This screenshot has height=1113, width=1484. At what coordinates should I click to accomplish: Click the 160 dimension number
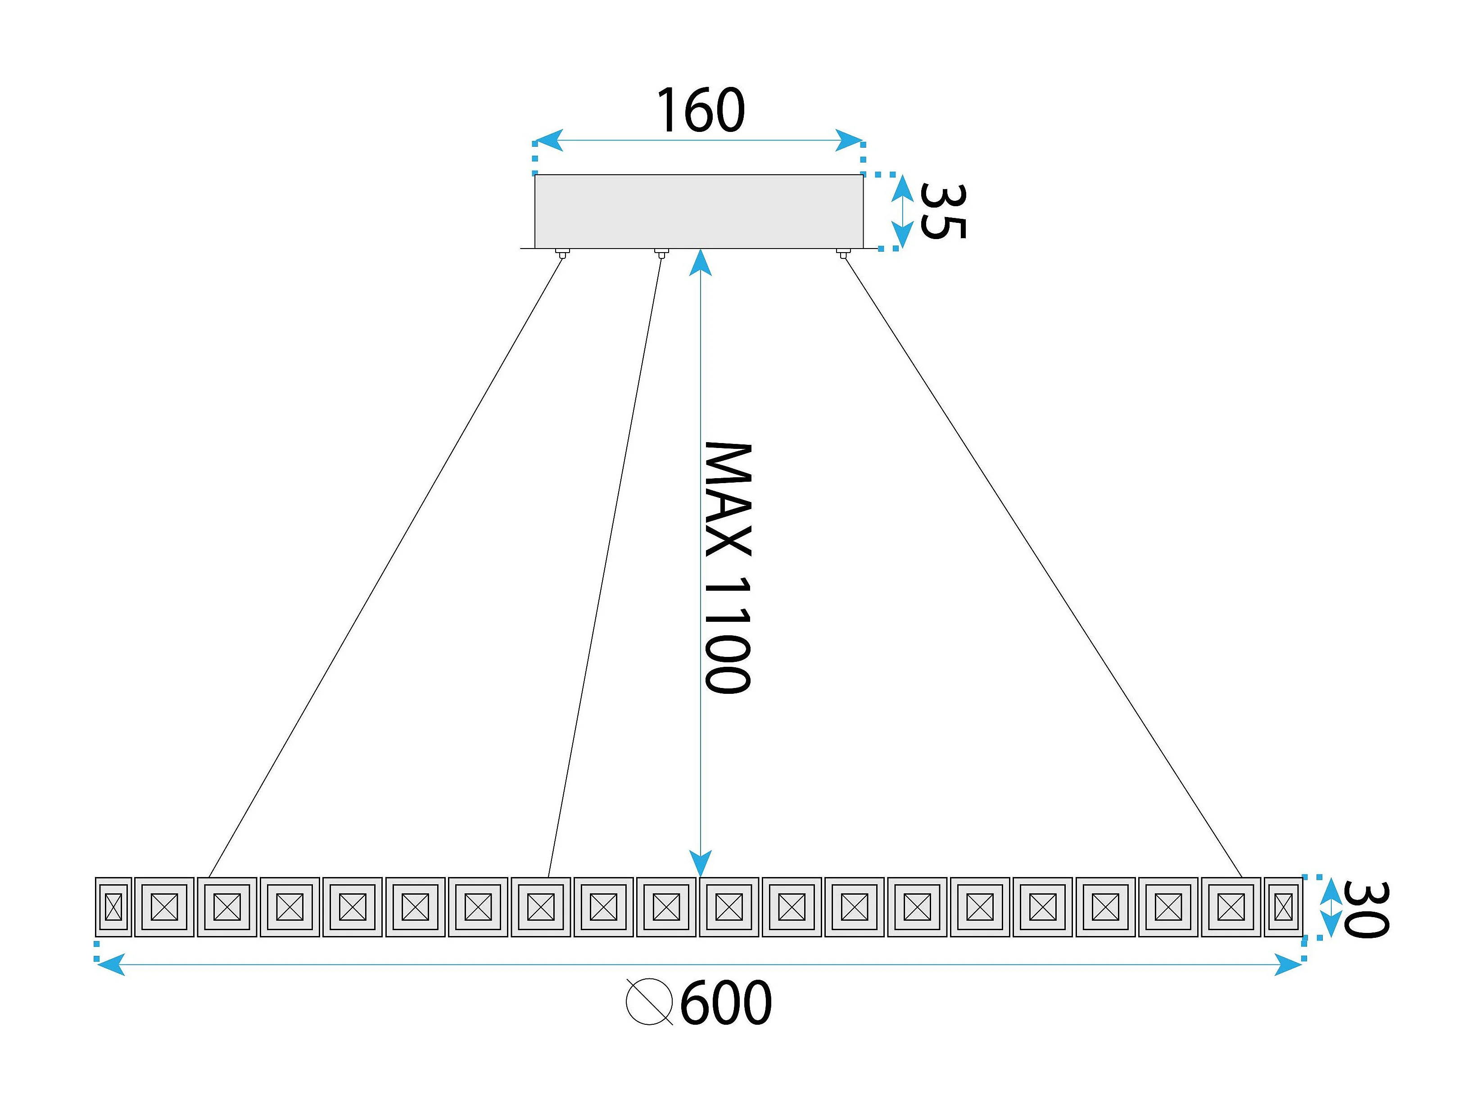701,110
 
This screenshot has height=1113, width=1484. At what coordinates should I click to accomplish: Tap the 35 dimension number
943,211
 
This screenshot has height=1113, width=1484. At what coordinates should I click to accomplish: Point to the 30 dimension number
1366,910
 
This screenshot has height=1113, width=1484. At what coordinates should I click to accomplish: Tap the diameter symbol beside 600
649,1002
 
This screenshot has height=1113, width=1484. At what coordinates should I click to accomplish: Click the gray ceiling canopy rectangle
698,211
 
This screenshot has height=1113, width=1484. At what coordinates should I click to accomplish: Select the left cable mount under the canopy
563,253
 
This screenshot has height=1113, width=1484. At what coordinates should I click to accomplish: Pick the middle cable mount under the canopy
661,253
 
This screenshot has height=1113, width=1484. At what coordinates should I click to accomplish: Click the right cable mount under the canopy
843,253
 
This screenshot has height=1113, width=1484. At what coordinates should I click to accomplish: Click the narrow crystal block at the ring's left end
113,907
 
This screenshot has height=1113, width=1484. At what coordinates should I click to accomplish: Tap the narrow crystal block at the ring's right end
1283,907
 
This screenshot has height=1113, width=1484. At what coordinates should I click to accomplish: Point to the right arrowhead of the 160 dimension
849,141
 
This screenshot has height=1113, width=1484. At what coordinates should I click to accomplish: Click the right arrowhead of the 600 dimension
1288,965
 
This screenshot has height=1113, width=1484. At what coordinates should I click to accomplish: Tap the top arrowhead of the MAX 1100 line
701,263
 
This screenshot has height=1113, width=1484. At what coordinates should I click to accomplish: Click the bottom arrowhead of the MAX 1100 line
701,864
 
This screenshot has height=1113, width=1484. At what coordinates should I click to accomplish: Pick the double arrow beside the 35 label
903,211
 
